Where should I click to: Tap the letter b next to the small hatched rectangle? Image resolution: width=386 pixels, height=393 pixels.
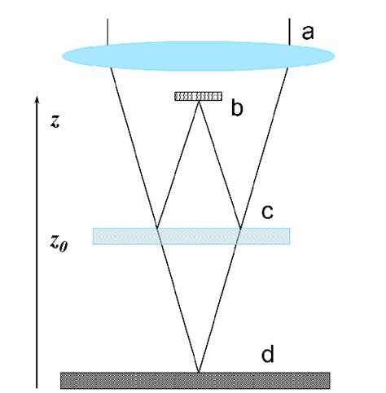[237, 108]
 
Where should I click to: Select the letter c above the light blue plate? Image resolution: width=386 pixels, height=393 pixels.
[266, 212]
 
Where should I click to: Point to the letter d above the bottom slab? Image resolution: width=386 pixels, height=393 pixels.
[267, 356]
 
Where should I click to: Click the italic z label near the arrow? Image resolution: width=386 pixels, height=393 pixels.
[55, 122]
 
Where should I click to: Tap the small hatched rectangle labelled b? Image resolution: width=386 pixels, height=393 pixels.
[198, 96]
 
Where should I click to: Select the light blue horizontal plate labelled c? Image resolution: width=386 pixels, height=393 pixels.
[191, 236]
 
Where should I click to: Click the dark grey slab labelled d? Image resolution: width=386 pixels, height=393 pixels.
[195, 380]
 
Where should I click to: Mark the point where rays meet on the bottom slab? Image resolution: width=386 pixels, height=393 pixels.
[198, 373]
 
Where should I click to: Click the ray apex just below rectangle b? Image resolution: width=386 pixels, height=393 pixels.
[198, 103]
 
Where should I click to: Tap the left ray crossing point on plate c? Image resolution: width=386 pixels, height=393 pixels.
[157, 229]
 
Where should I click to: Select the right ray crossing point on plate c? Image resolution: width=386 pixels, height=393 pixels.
[240, 229]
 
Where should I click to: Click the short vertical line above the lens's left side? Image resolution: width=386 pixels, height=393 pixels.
[108, 30]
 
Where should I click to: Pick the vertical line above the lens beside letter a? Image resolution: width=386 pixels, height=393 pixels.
[291, 30]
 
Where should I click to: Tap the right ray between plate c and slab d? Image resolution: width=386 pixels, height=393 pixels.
[219, 301]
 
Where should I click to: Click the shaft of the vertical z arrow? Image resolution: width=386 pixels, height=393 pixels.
[35, 244]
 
